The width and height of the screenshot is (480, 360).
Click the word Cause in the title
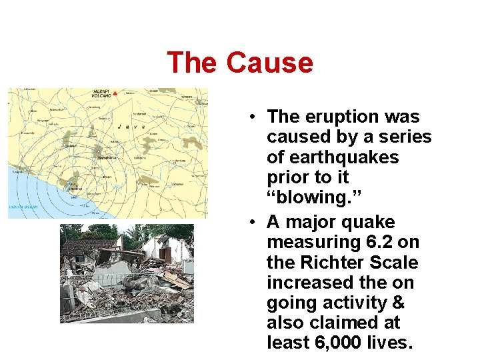coord(269,63)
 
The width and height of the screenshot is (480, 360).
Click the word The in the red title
coord(193,63)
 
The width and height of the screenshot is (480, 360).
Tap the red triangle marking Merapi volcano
coord(115,94)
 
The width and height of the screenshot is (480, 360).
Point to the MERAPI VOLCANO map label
coord(100,94)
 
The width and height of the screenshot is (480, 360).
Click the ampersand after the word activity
coord(397,303)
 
